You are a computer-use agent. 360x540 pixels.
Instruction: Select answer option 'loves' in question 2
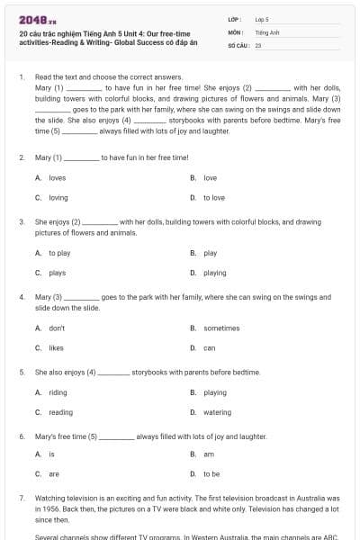(57, 178)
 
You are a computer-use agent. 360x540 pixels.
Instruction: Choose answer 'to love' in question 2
(214, 197)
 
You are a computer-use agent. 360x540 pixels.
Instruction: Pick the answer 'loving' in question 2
(58, 197)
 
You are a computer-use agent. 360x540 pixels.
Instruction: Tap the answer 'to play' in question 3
(58, 254)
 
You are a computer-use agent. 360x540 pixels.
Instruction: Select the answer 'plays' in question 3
(57, 273)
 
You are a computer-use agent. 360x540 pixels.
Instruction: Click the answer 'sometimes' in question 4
(221, 328)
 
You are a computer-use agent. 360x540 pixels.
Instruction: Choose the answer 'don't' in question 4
(57, 328)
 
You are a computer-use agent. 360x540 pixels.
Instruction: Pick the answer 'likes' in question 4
(56, 347)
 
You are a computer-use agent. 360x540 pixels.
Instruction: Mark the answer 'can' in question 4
(209, 347)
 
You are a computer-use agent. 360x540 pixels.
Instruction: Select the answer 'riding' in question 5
(58, 392)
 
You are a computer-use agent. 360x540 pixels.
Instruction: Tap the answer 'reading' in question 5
(60, 412)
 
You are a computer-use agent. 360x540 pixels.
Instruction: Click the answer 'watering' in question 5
(217, 412)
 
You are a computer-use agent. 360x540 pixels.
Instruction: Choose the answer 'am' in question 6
(209, 454)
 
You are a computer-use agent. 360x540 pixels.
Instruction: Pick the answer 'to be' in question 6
(211, 473)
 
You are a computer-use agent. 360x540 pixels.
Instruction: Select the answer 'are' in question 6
(54, 473)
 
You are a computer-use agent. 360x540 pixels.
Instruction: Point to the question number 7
(21, 497)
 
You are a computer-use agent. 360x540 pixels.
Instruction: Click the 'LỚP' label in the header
(234, 18)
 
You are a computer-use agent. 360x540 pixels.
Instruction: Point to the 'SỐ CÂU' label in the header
(238, 44)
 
